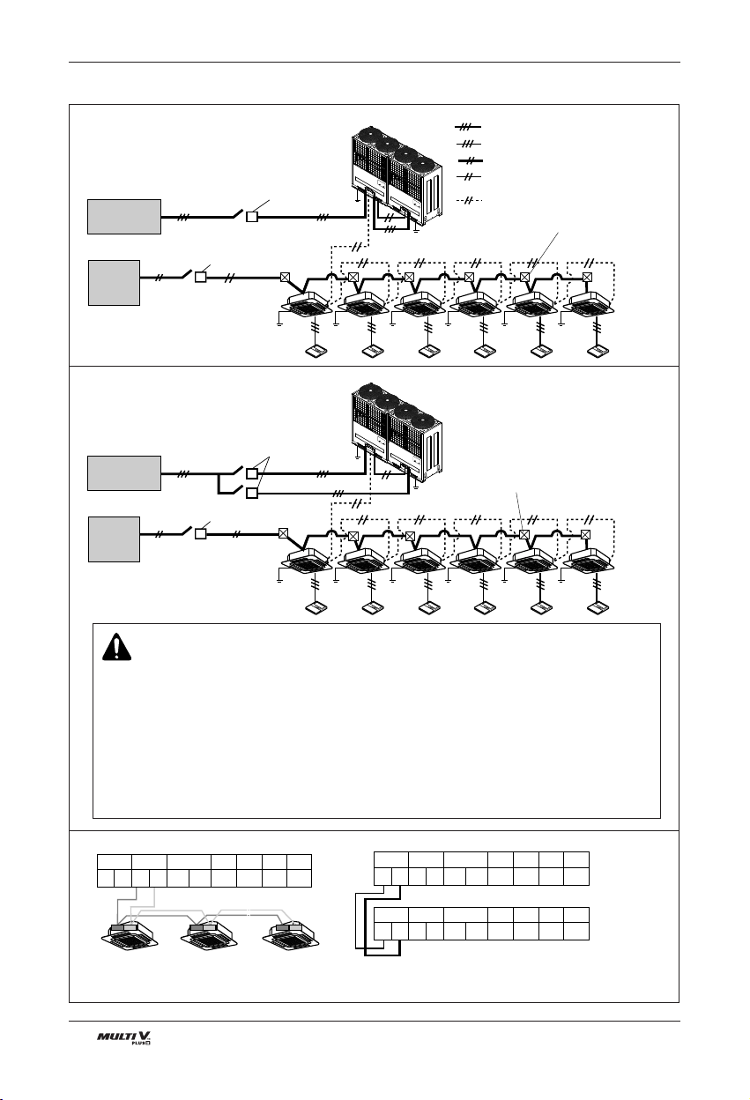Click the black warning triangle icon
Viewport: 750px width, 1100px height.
117,647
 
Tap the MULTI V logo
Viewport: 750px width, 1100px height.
123,1037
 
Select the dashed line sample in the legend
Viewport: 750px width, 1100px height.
469,200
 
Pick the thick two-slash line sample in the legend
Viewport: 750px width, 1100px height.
470,160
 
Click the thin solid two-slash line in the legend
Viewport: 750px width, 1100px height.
469,176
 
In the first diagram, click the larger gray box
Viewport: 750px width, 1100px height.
124,217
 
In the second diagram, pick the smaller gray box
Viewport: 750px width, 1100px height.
114,539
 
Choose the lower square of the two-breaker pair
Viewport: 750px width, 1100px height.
252,493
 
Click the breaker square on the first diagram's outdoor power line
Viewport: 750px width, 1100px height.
252,217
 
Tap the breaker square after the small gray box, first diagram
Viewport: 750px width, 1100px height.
200,277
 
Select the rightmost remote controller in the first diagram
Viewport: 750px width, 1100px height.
598,352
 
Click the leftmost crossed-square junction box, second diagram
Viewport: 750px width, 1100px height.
284,533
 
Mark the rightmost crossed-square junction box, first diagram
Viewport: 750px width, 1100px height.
587,277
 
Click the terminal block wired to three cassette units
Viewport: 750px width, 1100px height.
204,871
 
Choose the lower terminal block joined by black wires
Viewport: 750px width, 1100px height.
481,924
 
